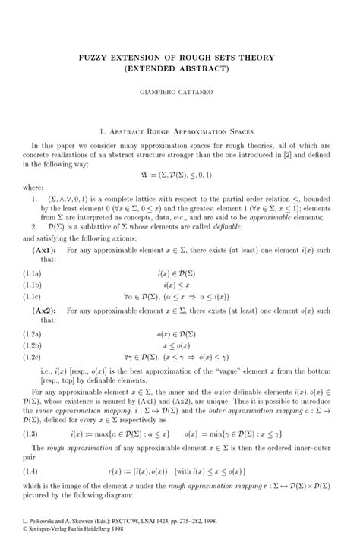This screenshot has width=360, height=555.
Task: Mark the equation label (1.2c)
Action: click(x=33, y=358)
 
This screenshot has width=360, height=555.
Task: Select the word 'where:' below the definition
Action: click(x=33, y=186)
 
